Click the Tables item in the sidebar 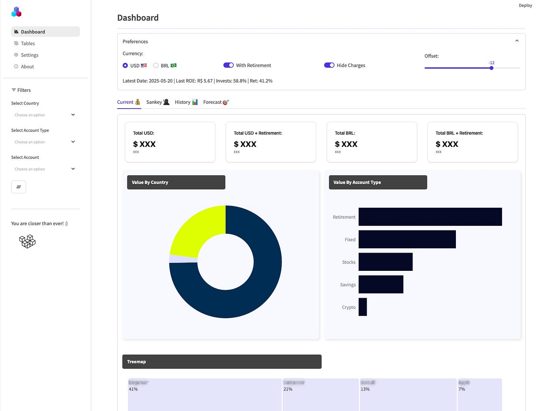coord(28,43)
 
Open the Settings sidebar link coord(29,55)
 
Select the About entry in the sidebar coord(27,67)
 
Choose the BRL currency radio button coord(156,66)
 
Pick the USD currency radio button coord(125,66)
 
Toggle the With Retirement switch coord(229,65)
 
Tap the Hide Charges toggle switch coord(329,65)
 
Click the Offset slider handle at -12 coord(491,68)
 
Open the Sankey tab coord(157,102)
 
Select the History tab coord(186,102)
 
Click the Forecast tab coord(216,102)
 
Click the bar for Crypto coord(363,307)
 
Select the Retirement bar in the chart coord(430,217)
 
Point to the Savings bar coord(381,284)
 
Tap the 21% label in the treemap coord(288,389)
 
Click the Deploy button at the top coord(525,6)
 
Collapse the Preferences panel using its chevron coord(517,41)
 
